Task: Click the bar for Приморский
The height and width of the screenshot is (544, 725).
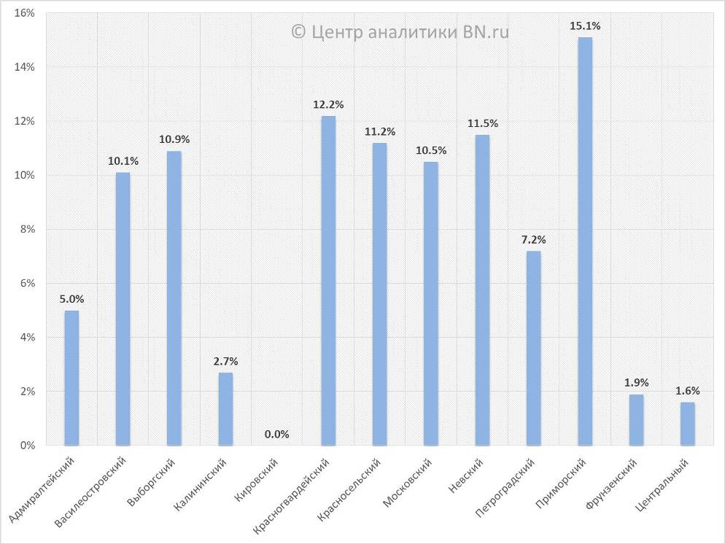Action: coord(585,241)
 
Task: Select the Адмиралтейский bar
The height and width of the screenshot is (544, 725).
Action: coord(71,378)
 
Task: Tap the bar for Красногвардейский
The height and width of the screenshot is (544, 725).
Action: coord(328,280)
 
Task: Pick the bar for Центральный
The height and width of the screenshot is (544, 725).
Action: coord(688,423)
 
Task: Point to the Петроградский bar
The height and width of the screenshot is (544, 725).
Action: coord(534,348)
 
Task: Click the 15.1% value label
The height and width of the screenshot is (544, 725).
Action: coord(586,26)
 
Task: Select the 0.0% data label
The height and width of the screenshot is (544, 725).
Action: coord(277,435)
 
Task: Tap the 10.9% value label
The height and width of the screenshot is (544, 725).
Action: coord(174,139)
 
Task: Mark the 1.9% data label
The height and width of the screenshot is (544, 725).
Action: coord(637,383)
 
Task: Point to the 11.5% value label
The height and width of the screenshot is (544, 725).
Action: coord(483,123)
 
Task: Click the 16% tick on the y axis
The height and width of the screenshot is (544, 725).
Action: coord(25,13)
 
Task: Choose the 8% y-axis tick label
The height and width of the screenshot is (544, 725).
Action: coord(28,229)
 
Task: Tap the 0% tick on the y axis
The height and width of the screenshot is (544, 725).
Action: coord(28,445)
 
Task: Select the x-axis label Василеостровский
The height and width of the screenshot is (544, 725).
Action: coord(92,492)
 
